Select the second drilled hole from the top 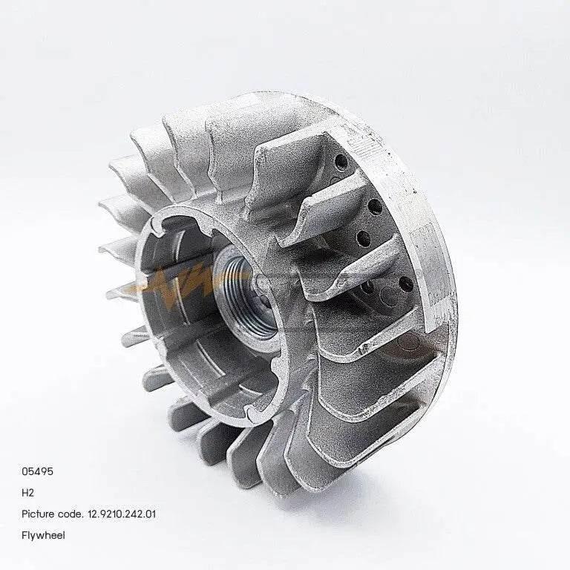coord(375,206)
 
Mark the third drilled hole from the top coord(364,237)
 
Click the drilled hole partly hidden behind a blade coord(368,286)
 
